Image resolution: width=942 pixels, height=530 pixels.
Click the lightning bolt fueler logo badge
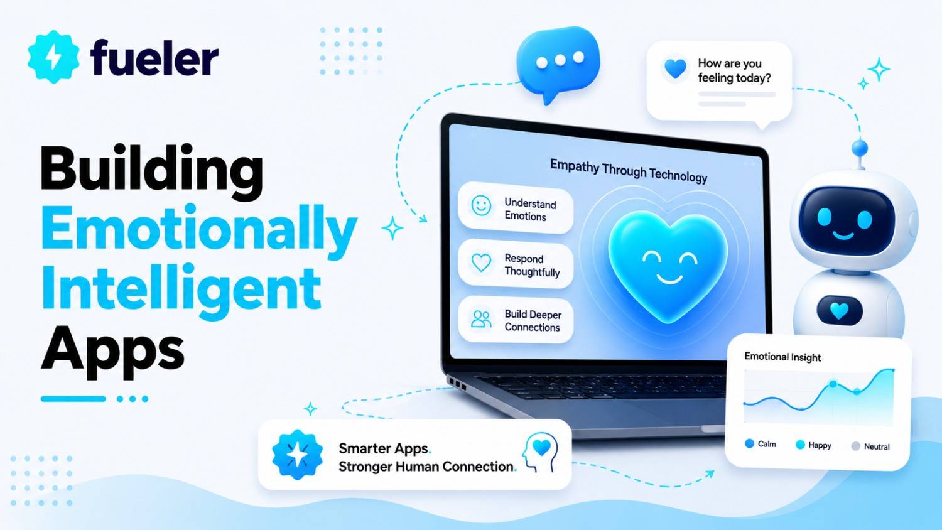click(x=53, y=57)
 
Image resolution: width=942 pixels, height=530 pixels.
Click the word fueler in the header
click(x=154, y=58)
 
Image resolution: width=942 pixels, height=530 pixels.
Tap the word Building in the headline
click(x=152, y=173)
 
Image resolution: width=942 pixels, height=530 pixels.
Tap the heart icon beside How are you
click(x=675, y=68)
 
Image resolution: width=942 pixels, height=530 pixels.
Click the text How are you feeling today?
click(x=734, y=71)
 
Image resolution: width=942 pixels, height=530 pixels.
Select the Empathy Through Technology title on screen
click(x=629, y=171)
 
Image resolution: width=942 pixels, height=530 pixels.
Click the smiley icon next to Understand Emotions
click(x=481, y=206)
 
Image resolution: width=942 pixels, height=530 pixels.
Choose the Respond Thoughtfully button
click(x=515, y=264)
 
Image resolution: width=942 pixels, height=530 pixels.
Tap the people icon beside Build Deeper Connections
click(x=481, y=319)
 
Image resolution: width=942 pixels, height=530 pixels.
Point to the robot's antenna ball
click(x=859, y=148)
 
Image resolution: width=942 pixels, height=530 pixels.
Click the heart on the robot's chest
click(x=840, y=311)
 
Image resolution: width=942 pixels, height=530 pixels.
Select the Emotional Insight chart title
click(x=782, y=357)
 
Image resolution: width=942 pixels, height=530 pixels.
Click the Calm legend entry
click(x=761, y=444)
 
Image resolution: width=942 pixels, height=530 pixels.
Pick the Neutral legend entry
click(x=870, y=446)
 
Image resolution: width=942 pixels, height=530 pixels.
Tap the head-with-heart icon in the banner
click(x=540, y=453)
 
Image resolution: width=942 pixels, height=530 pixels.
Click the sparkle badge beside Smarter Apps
click(x=297, y=454)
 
